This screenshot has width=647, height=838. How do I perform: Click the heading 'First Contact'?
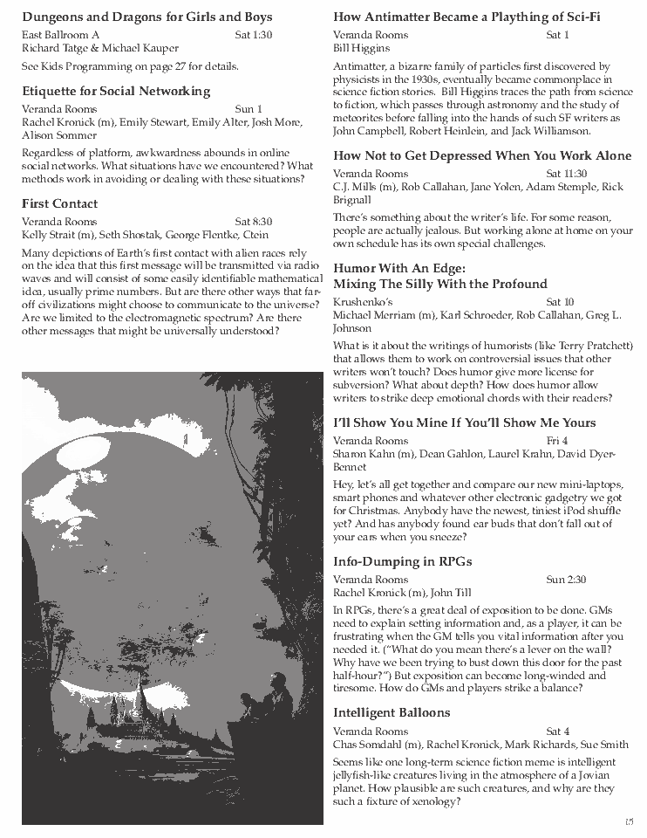[x=59, y=203]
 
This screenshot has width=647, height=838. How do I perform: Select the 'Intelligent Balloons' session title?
[x=392, y=712]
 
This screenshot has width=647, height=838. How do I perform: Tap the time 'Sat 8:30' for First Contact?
[x=254, y=222]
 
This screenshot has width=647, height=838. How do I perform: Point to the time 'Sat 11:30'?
[x=566, y=174]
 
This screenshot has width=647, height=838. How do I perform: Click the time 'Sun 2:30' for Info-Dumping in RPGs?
[x=566, y=580]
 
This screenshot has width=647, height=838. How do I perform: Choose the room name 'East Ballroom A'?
[x=60, y=35]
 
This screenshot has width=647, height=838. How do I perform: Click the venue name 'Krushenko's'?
[x=362, y=301]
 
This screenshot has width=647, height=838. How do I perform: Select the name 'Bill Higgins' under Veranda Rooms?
[x=363, y=48]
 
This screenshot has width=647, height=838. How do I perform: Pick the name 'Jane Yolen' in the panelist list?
[x=475, y=187]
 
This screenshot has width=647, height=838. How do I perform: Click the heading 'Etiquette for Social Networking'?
[x=116, y=91]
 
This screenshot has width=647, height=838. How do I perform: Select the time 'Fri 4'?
[x=557, y=441]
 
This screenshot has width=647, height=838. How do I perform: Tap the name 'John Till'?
[x=451, y=593]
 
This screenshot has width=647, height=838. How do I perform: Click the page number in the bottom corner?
[x=629, y=821]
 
